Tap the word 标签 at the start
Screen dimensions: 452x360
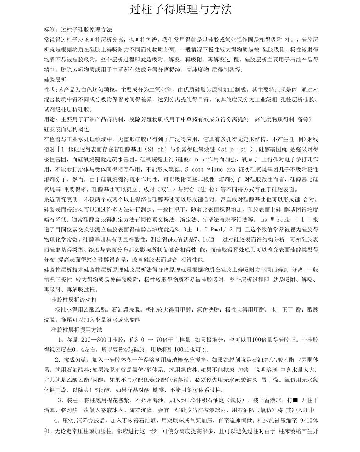click(x=49, y=29)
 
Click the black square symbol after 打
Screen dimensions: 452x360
click(x=295, y=400)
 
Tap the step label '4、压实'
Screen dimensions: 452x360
click(x=65, y=420)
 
